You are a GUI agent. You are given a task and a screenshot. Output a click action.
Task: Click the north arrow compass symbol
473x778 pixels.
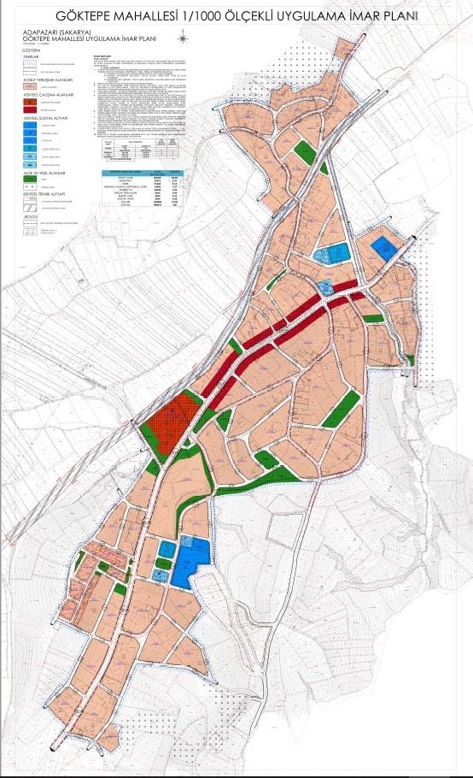point(182,37)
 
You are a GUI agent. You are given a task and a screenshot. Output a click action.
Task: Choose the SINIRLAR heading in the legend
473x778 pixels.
point(32,56)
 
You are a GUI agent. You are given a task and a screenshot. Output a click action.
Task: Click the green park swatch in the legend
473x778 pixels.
point(29,181)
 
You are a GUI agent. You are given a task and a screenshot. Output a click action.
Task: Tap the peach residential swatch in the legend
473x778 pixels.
point(29,87)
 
